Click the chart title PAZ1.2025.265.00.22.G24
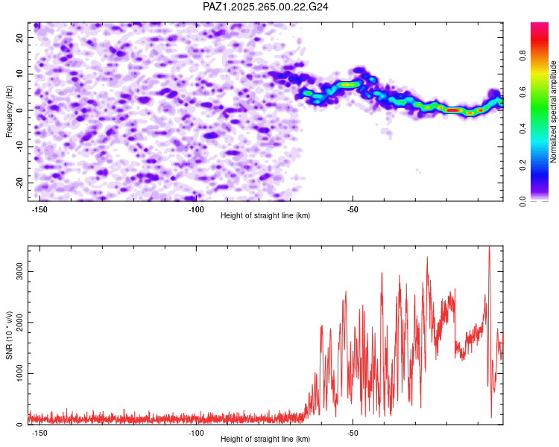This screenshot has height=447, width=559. pos(265,7)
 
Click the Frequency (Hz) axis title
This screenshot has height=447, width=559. pos(9,112)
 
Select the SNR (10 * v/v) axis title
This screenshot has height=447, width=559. pos(9,335)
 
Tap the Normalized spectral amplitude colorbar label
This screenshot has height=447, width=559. pos(553,112)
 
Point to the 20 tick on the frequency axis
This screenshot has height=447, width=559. pos(20,37)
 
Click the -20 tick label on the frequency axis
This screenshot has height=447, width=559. pos(20,183)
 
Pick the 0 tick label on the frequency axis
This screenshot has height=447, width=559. pos(20,110)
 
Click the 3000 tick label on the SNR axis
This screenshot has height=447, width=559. pos(20,272)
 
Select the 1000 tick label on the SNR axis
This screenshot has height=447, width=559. pos(20,373)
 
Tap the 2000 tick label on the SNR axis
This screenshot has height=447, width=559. pos(20,323)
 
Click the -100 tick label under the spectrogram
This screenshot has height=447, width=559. pos(196,209)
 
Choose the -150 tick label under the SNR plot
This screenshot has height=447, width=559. pos(40,433)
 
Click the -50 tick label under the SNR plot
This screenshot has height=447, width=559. pos(353,433)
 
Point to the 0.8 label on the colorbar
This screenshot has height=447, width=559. pos(522,55)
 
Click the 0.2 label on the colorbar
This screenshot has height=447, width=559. pos(522,165)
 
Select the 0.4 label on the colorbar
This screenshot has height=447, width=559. pos(522,128)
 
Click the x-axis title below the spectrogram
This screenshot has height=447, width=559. pos(265,215)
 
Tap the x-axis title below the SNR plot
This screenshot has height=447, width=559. pos(265,439)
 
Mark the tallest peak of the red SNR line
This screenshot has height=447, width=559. pos(489,247)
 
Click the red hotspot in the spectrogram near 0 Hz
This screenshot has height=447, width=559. pos(452,110)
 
